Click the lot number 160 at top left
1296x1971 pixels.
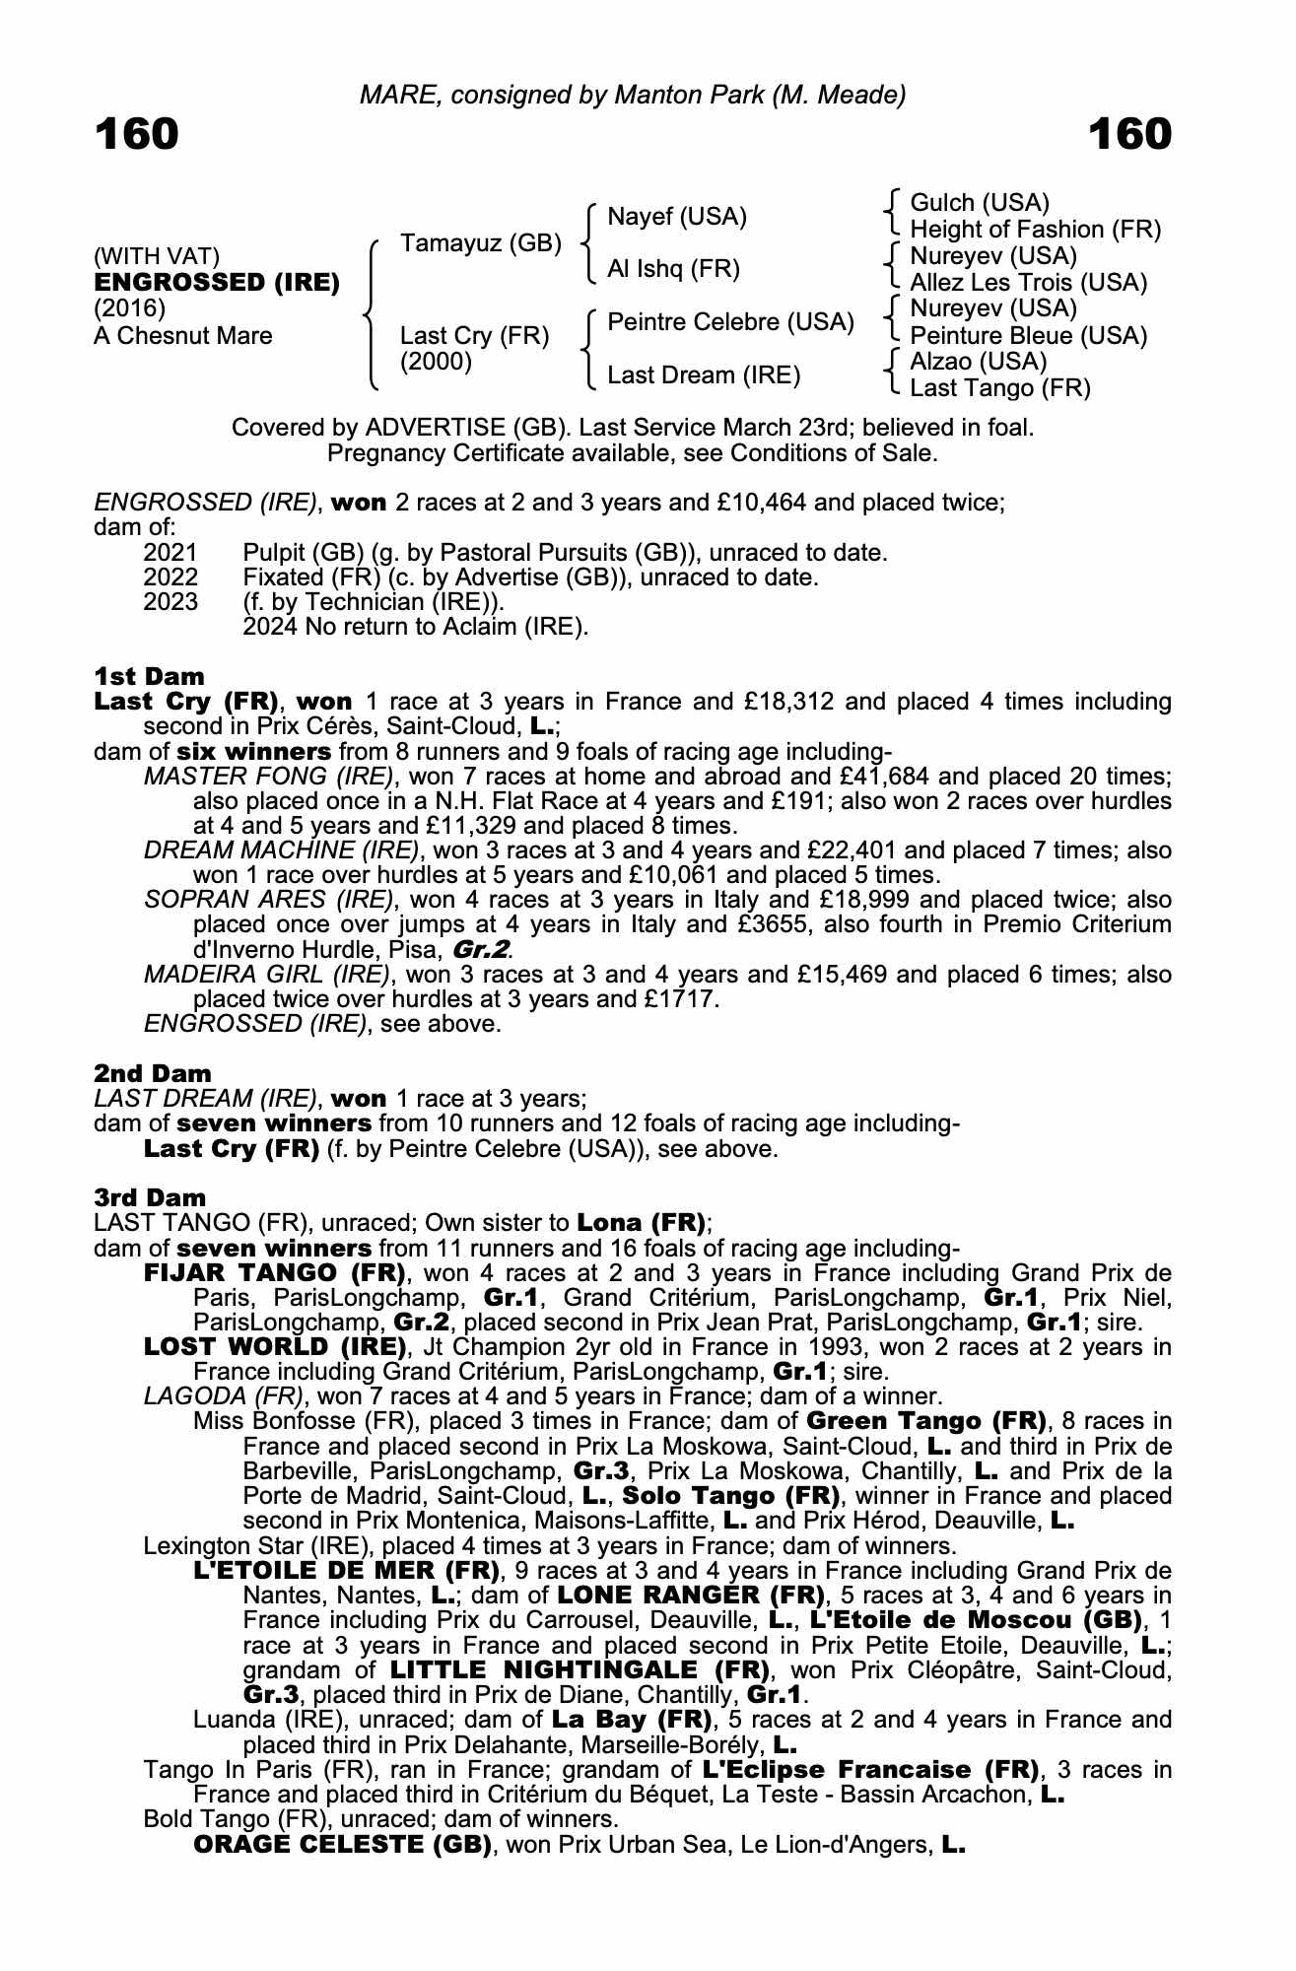137,134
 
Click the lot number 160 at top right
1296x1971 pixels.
1129,134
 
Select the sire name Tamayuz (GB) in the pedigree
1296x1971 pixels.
481,243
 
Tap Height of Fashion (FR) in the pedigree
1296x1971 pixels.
1035,230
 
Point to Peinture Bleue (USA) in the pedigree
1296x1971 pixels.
1028,336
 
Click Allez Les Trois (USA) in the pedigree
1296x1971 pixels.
1028,283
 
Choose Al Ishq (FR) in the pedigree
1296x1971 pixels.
673,269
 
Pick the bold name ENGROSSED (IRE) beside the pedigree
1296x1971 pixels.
217,283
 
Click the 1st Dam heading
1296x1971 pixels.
149,676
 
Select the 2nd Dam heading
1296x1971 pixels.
153,1073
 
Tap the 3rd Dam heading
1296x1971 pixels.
150,1197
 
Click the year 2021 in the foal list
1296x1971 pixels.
170,553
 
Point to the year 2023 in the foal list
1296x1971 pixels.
170,602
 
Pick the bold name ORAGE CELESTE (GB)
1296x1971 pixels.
343,1844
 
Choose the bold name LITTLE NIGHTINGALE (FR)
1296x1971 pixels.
580,1670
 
